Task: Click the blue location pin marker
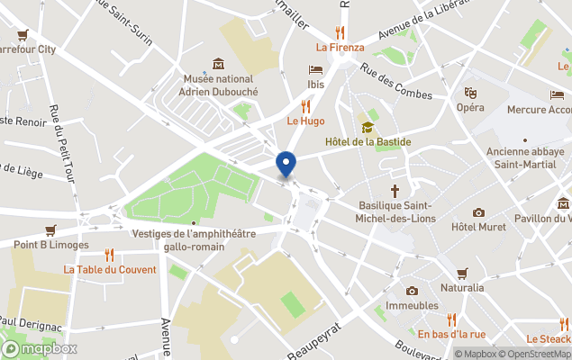[x=286, y=164]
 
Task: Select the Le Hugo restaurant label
[x=305, y=121]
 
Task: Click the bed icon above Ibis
[x=315, y=69]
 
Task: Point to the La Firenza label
[x=340, y=48]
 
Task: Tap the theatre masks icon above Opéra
[x=469, y=92]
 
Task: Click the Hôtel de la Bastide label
[x=368, y=142]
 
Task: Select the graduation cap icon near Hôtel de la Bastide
[x=368, y=127]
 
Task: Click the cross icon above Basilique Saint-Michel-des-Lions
[x=394, y=191]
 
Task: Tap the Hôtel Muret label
[x=477, y=226]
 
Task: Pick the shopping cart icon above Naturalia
[x=462, y=273]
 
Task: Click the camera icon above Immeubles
[x=412, y=291]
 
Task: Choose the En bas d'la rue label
[x=451, y=334]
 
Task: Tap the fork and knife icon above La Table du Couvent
[x=110, y=255]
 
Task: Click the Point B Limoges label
[x=51, y=245]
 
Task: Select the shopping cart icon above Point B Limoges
[x=50, y=230]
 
